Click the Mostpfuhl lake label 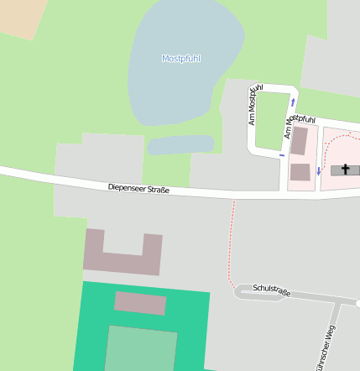pyautogui.click(x=180, y=59)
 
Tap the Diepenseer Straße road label pyautogui.click(x=138, y=189)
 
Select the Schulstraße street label pyautogui.click(x=271, y=290)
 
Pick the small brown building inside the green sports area pyautogui.click(x=140, y=303)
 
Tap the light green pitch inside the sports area pyautogui.click(x=141, y=349)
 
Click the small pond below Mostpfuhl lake pyautogui.click(x=180, y=146)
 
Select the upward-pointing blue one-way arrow pyautogui.click(x=292, y=103)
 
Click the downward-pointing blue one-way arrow pyautogui.click(x=319, y=170)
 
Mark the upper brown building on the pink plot pyautogui.click(x=299, y=141)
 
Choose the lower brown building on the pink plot pyautogui.click(x=300, y=173)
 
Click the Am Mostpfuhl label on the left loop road pyautogui.click(x=255, y=105)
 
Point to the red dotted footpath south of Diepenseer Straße pyautogui.click(x=230, y=243)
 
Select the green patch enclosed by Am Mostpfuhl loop pyautogui.click(x=269, y=118)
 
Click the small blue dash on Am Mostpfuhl pyautogui.click(x=282, y=154)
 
